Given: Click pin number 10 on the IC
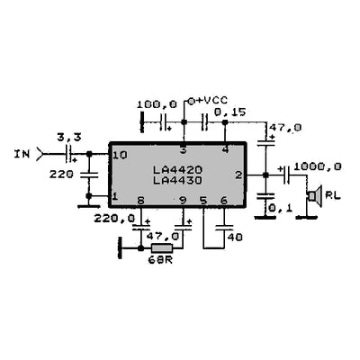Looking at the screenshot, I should point(121,156).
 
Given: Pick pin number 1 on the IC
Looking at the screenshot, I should point(115,196).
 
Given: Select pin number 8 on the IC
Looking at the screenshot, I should point(140,201).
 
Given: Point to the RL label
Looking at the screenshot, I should point(333,194).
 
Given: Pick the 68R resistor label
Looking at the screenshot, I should point(163,262).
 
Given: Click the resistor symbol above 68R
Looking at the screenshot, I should point(163,247).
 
